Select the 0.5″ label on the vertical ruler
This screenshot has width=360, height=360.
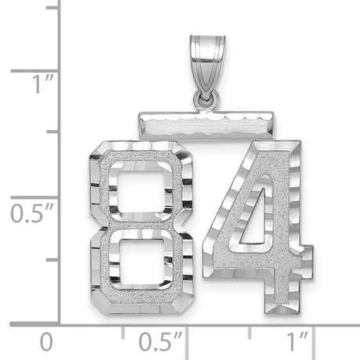32,213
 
